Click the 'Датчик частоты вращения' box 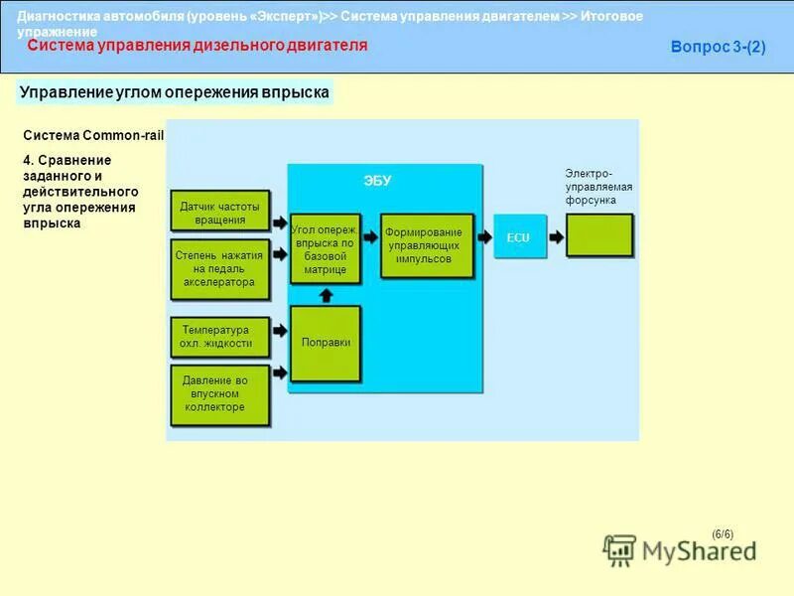[219, 212]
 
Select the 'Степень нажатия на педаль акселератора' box [219, 268]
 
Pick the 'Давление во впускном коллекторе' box [219, 394]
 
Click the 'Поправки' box [326, 343]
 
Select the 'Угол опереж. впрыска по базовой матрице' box [326, 248]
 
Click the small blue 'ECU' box [519, 237]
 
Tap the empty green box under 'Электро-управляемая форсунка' [598, 235]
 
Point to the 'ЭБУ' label [377, 181]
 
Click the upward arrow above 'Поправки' [326, 294]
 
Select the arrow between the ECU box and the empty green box [557, 237]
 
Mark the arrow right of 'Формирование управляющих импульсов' [484, 237]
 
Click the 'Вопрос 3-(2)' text [718, 47]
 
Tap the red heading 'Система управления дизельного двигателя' [197, 46]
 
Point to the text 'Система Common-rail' [92, 135]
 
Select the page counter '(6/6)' [723, 533]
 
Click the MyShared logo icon [620, 550]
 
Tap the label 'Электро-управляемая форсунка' [598, 187]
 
